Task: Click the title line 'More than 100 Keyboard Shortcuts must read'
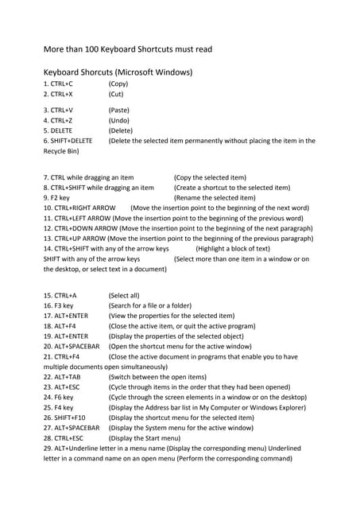[x=127, y=49]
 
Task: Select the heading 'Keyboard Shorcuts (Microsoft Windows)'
[x=118, y=72]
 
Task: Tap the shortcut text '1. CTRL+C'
[x=58, y=83]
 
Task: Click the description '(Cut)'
[x=116, y=93]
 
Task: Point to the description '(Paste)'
[x=119, y=110]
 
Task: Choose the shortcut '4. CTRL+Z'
[x=58, y=120]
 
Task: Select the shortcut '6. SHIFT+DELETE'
[x=68, y=141]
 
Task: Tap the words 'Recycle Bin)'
[x=61, y=151]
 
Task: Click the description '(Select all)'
[x=124, y=295]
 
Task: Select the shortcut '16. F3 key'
[x=58, y=305]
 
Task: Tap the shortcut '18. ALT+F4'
[x=60, y=326]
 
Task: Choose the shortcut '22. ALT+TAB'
[x=62, y=377]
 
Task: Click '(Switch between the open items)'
[x=157, y=377]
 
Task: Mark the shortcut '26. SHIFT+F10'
[x=65, y=418]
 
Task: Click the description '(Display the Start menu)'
[x=150, y=438]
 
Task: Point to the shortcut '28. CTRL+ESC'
[x=64, y=438]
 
